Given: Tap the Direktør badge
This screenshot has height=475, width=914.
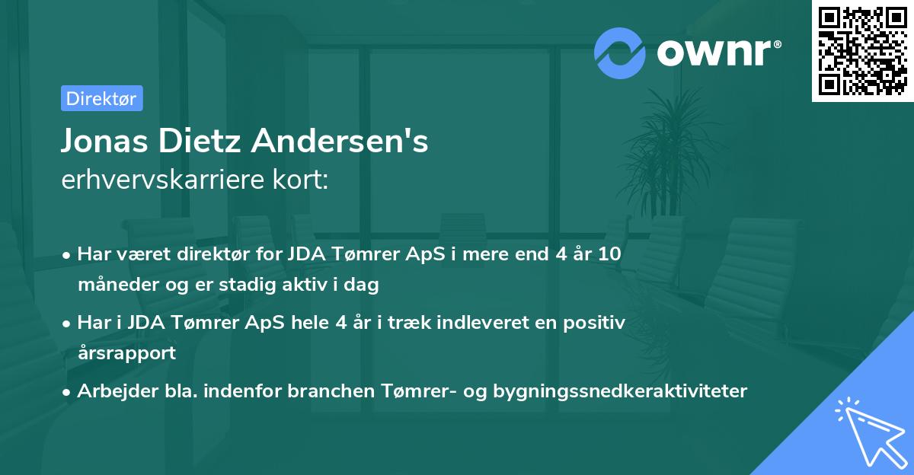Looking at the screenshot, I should click(101, 98).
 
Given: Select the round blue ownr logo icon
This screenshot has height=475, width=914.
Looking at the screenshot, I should click(619, 52).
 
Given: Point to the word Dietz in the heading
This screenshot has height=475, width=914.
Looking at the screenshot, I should click(199, 141).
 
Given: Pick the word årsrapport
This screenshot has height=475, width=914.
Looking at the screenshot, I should click(126, 353).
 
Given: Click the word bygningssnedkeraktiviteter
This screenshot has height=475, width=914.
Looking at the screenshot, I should click(621, 391).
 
